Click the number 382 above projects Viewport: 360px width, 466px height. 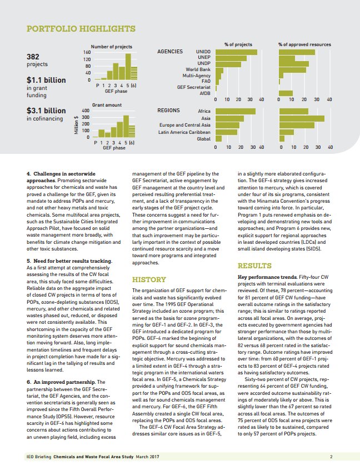(33, 56)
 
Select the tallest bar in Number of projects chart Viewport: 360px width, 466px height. (128, 66)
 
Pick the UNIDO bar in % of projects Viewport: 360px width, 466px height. (236, 52)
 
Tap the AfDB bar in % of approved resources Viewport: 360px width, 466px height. (286, 93)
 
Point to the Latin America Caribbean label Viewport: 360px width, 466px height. (184, 132)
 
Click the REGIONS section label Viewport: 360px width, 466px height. (169, 111)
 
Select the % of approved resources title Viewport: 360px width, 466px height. (304, 44)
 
